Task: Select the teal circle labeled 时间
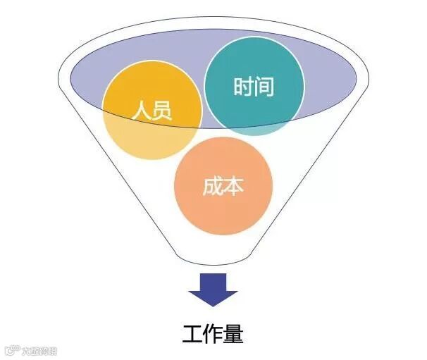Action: tap(254, 87)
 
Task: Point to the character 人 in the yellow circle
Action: tap(141, 111)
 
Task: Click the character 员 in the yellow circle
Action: tap(162, 111)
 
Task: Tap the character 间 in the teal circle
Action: tap(264, 87)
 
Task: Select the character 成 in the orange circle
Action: tap(212, 187)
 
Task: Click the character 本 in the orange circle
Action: tap(234, 187)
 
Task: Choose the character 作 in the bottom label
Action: tap(213, 333)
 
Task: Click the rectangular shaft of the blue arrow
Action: tap(213, 281)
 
